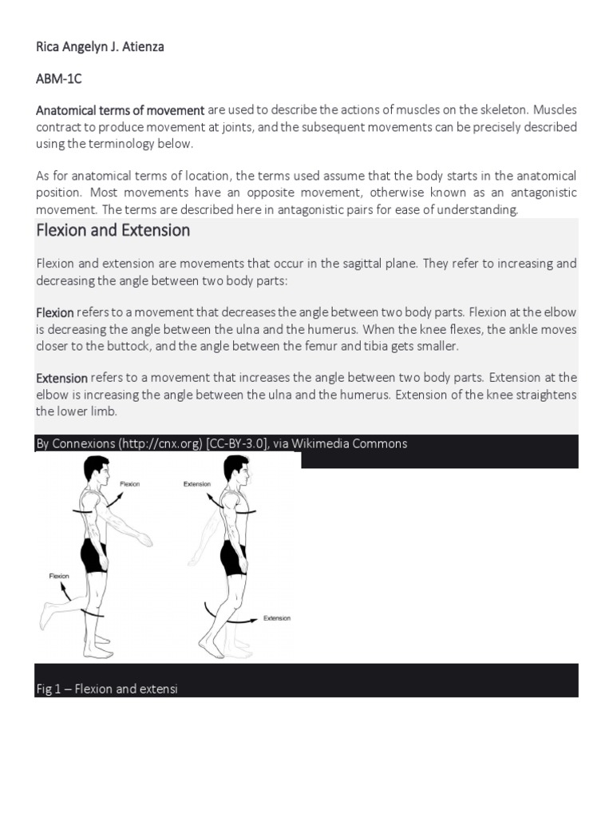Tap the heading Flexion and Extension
click(x=113, y=231)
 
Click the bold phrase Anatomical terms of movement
click(x=121, y=110)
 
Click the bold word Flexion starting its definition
click(x=55, y=312)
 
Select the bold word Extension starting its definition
click(x=61, y=378)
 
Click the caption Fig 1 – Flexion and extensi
click(x=107, y=689)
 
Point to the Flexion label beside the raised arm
click(x=129, y=484)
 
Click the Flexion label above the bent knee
click(x=59, y=575)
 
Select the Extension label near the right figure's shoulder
click(x=197, y=484)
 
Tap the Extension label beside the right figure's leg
click(x=277, y=618)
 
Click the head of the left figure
click(x=97, y=469)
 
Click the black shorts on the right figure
click(x=233, y=557)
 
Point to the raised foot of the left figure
click(x=45, y=617)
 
